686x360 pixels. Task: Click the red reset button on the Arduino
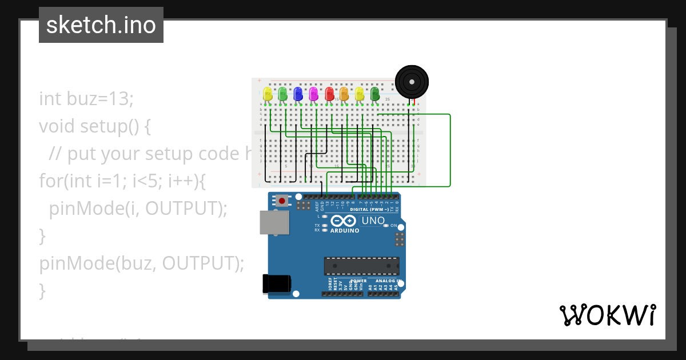[x=282, y=201]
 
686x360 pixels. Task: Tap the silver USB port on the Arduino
[x=274, y=223]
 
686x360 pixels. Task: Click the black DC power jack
[x=277, y=284]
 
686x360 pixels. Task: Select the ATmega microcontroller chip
[x=361, y=266]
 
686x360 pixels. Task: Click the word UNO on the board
[x=373, y=221]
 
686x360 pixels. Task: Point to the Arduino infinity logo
[x=343, y=221]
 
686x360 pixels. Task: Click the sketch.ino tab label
[x=101, y=25]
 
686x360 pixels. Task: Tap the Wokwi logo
[x=607, y=315]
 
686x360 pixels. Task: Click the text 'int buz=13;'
[x=86, y=99]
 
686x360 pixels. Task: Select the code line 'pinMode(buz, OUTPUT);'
[x=142, y=263]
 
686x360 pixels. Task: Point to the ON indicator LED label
[x=393, y=226]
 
